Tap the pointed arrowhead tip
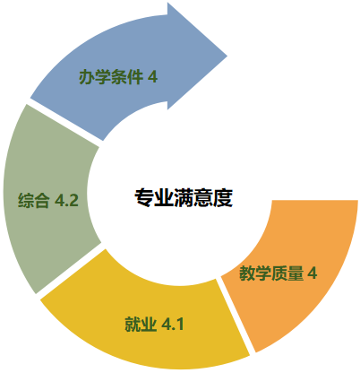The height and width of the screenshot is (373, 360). pos(227,56)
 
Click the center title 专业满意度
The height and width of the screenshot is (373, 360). pos(184,198)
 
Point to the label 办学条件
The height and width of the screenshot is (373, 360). pos(111,77)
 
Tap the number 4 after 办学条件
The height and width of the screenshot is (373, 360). pos(152,77)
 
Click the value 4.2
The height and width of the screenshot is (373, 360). pos(66,200)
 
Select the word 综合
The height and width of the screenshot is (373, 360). pos(33,200)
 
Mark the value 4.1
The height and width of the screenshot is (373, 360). pos(173,324)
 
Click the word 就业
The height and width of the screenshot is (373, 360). pos(141,324)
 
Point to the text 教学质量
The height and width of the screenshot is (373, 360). pos(271,273)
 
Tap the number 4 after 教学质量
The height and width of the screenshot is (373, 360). pos(313,273)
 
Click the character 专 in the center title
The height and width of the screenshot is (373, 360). pos(144,198)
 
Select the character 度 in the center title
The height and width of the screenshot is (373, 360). pos(223,198)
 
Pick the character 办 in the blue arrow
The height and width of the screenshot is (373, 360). pos(87,77)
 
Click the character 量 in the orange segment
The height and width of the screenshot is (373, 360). pos(296,273)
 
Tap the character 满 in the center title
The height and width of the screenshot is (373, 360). pos(184,198)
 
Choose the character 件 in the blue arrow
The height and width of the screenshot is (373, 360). pos(135,77)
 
